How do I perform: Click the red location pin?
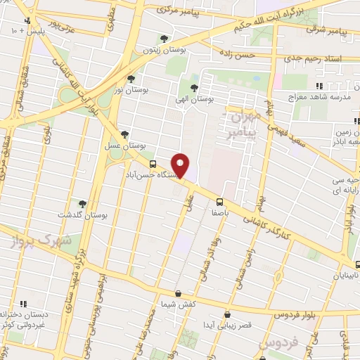181,165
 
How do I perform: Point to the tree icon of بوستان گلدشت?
82,204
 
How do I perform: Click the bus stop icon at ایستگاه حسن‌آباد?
153,164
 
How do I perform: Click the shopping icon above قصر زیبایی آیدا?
226,314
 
